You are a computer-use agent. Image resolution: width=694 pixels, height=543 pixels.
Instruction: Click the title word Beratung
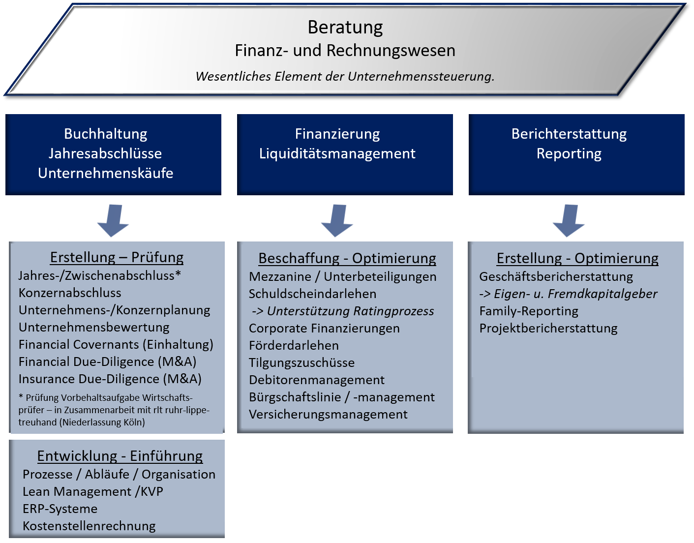pyautogui.click(x=345, y=28)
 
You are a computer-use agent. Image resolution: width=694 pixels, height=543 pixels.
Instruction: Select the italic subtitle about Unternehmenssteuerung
pyautogui.click(x=345, y=76)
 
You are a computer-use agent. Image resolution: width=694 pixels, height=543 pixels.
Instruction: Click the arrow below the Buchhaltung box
pyautogui.click(x=113, y=221)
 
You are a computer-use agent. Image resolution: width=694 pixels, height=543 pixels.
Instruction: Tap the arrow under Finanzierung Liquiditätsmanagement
pyautogui.click(x=337, y=221)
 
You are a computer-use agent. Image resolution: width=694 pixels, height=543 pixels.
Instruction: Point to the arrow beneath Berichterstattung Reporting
pyautogui.click(x=569, y=221)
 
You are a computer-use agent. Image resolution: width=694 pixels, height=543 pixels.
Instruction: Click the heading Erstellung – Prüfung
pyautogui.click(x=117, y=257)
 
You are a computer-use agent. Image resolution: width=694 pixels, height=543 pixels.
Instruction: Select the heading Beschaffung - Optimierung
pyautogui.click(x=347, y=258)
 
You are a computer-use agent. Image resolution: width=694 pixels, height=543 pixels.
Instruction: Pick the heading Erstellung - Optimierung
pyautogui.click(x=577, y=258)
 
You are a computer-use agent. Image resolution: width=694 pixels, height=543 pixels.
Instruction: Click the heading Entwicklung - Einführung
pyautogui.click(x=120, y=456)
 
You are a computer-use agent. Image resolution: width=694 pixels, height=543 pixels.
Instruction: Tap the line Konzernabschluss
pyautogui.click(x=70, y=293)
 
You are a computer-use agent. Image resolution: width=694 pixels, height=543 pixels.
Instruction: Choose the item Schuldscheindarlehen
pyautogui.click(x=312, y=294)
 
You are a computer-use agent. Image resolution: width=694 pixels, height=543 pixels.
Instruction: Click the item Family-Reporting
pyautogui.click(x=529, y=311)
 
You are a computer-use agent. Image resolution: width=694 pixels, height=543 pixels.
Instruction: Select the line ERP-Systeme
pyautogui.click(x=60, y=509)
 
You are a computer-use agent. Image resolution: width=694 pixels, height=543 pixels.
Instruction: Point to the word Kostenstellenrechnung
pyautogui.click(x=89, y=526)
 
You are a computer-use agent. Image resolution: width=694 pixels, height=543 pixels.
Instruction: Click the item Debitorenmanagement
pyautogui.click(x=317, y=380)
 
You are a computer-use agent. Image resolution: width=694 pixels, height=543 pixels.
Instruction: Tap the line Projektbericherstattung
pyautogui.click(x=548, y=328)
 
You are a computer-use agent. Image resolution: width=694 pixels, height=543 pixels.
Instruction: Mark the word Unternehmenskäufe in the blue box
pyautogui.click(x=106, y=173)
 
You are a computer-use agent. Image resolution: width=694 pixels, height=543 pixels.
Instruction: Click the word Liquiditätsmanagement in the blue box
pyautogui.click(x=337, y=153)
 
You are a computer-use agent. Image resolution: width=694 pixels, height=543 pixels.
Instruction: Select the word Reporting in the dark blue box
pyautogui.click(x=569, y=153)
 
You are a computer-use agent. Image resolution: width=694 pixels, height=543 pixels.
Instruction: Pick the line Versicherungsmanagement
pyautogui.click(x=328, y=414)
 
